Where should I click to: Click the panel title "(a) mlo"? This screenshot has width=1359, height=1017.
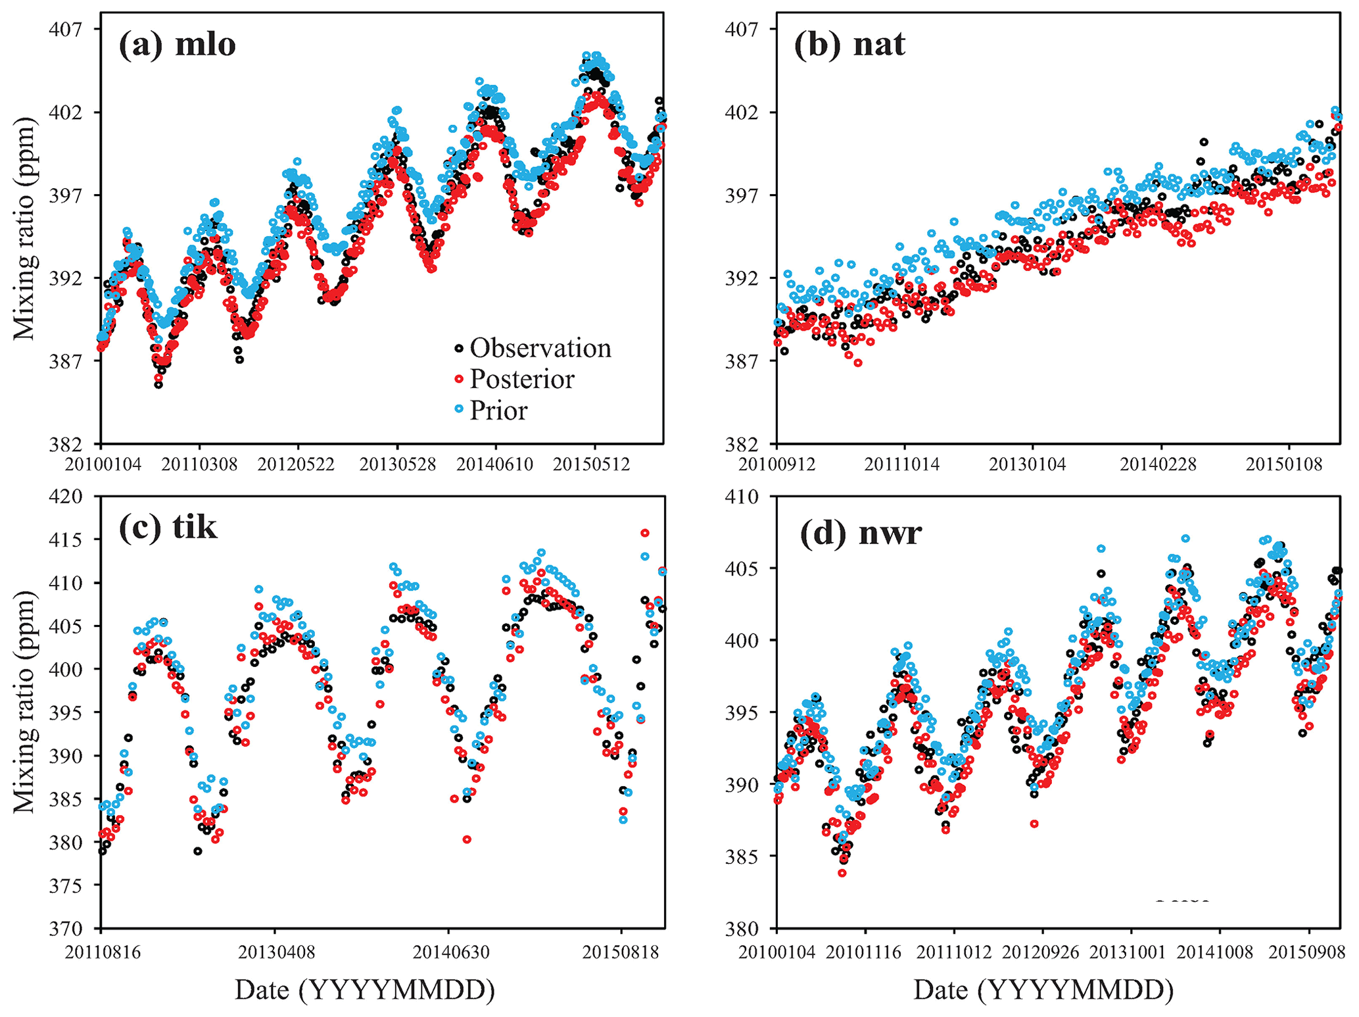click(177, 45)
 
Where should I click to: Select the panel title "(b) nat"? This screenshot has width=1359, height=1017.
click(849, 45)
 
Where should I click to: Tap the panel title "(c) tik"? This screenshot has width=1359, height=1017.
click(168, 526)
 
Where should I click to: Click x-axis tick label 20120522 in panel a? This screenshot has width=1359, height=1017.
click(296, 464)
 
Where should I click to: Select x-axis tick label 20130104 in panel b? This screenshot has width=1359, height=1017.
click(1028, 464)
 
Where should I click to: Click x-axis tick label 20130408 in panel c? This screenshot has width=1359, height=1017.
click(275, 952)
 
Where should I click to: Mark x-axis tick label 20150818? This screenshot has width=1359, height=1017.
click(621, 952)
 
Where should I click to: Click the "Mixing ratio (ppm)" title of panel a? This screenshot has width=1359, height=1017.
click(24, 229)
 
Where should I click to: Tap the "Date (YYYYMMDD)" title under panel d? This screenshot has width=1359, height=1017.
click(1043, 990)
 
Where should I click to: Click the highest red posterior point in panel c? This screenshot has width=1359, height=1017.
click(645, 533)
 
